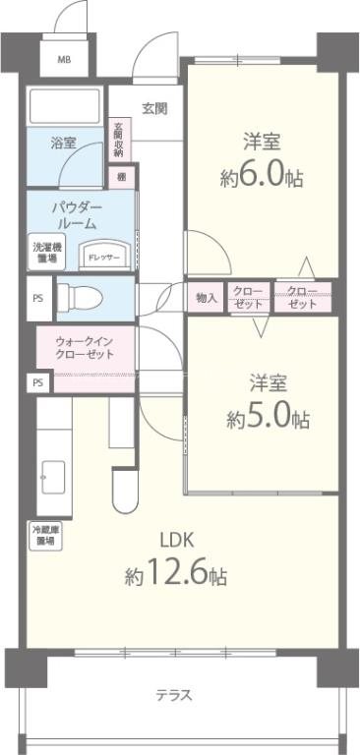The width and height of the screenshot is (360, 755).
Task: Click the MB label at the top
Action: pos(64,60)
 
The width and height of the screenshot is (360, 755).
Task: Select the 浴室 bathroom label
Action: pos(64,144)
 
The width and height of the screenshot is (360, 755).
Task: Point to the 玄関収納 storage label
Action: pos(117,140)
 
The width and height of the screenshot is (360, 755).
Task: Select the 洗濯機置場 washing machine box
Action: pos(44,253)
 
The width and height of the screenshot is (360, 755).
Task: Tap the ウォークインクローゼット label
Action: pos(85,348)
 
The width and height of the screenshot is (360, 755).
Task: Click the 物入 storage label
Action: pos(207,297)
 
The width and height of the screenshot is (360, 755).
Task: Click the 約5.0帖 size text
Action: pos(268,417)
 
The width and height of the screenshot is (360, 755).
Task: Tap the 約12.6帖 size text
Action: pos(177,575)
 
